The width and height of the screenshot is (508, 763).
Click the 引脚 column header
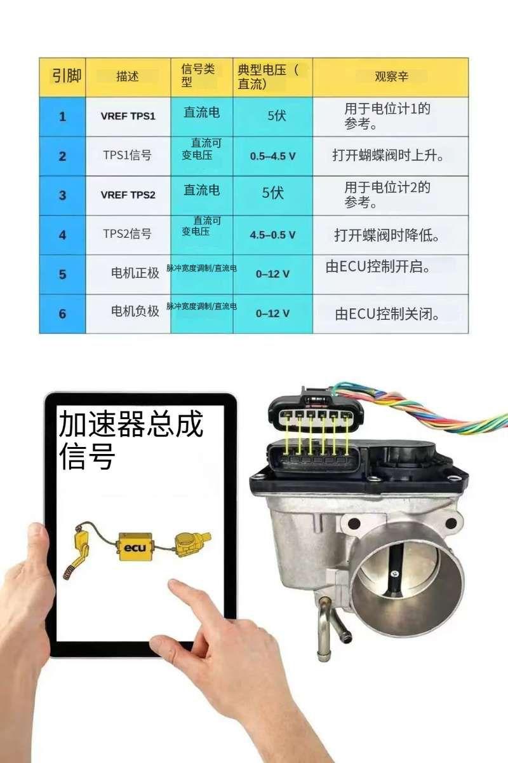pyautogui.click(x=62, y=77)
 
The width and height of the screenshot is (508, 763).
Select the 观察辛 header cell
pyautogui.click(x=391, y=77)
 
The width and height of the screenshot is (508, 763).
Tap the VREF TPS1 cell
pyautogui.click(x=128, y=116)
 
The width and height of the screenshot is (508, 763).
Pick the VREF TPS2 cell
pyautogui.click(x=128, y=195)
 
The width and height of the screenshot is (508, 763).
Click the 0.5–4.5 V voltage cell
pyautogui.click(x=272, y=156)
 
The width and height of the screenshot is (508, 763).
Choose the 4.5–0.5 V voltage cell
pyautogui.click(x=272, y=235)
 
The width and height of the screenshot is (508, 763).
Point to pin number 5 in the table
pyautogui.click(x=62, y=275)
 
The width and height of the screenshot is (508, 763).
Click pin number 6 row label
pyautogui.click(x=62, y=313)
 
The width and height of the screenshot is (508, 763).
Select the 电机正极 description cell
pyautogui.click(x=135, y=274)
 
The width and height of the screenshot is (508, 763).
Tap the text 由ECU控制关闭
pyautogui.click(x=389, y=313)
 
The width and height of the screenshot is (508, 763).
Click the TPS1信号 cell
pyautogui.click(x=128, y=156)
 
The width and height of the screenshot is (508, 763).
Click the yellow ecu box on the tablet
pyautogui.click(x=135, y=547)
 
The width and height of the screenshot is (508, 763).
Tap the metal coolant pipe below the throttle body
pyautogui.click(x=326, y=629)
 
